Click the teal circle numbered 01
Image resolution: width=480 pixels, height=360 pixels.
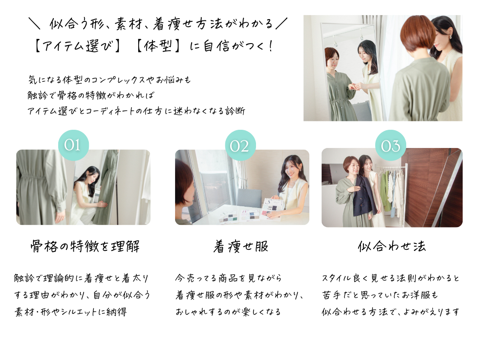tap(73, 145)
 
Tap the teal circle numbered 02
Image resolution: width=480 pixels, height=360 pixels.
tap(240, 145)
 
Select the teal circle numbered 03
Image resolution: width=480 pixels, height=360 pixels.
tap(391, 145)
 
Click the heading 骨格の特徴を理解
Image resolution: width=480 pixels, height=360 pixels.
tap(85, 246)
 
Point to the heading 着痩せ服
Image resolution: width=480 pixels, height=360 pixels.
tap(241, 246)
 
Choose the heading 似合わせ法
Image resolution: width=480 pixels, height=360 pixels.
tap(392, 246)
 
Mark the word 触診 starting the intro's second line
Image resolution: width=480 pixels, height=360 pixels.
tap(38, 96)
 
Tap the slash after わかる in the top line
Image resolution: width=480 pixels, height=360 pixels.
tap(281, 24)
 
